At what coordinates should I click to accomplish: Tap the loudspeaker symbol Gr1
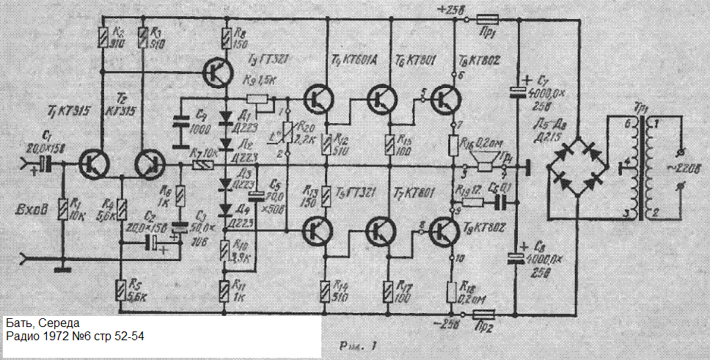(485, 165)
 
